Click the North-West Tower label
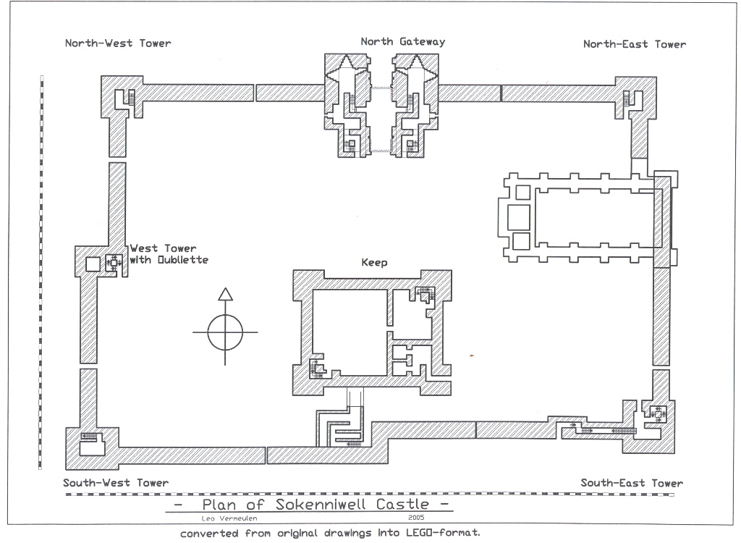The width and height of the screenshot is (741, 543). point(118,43)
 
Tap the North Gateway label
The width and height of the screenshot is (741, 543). point(402,41)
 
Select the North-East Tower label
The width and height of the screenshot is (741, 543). point(634,44)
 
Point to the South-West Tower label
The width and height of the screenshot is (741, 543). point(116,483)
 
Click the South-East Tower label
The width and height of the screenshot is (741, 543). point(631,483)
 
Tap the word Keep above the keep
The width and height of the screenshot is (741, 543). point(374,263)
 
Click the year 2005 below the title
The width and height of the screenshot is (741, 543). point(416,518)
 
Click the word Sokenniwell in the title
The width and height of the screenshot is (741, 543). point(326,505)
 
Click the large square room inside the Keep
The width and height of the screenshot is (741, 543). point(349,332)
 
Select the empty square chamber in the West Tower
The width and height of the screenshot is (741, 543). point(93,264)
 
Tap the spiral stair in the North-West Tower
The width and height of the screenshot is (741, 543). point(130,97)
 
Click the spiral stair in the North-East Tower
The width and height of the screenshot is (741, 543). point(627,98)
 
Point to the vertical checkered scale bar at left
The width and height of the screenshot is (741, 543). point(41,275)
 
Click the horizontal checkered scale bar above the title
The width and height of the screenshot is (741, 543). point(369,494)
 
